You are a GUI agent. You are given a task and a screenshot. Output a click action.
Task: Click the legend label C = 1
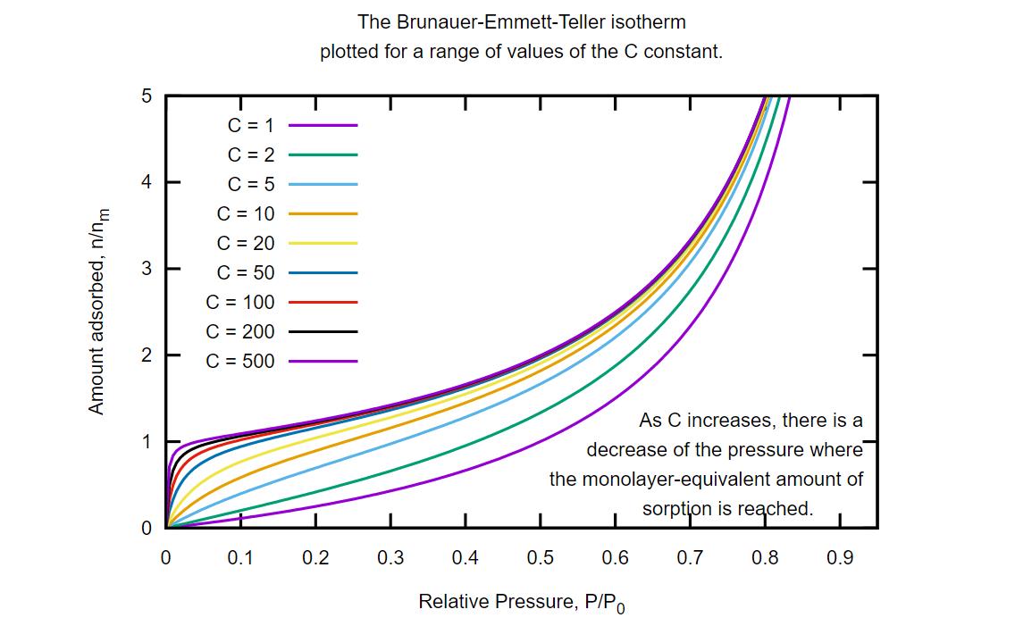coord(250,125)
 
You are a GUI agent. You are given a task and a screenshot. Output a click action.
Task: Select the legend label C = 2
coord(250,154)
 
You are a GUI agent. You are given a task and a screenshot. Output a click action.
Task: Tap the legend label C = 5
coord(250,184)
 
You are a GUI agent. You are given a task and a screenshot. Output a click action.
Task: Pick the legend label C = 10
coord(245,213)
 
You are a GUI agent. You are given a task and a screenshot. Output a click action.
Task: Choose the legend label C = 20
coord(245,243)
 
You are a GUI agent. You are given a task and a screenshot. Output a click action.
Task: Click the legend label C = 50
coord(245,272)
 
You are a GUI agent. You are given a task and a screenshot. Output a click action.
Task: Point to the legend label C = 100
coord(239,302)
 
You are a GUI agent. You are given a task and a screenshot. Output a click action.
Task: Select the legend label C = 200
coord(239,331)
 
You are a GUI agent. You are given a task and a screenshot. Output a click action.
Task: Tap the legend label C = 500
coord(239,361)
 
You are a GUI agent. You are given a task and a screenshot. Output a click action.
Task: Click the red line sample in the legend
coord(323,302)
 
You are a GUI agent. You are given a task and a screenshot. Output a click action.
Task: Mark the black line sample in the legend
coord(323,331)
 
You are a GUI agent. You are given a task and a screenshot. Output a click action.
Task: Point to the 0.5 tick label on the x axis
coord(540,558)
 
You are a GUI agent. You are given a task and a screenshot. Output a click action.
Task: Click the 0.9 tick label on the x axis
coord(840,558)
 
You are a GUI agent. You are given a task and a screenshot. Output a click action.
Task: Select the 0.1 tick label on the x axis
coord(239,558)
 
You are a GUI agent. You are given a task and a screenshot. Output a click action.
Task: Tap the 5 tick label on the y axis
coord(147,96)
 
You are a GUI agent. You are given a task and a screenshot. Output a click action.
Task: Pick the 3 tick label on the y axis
coord(147,269)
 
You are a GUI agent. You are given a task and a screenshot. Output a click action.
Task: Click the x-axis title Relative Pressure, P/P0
coord(523,603)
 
